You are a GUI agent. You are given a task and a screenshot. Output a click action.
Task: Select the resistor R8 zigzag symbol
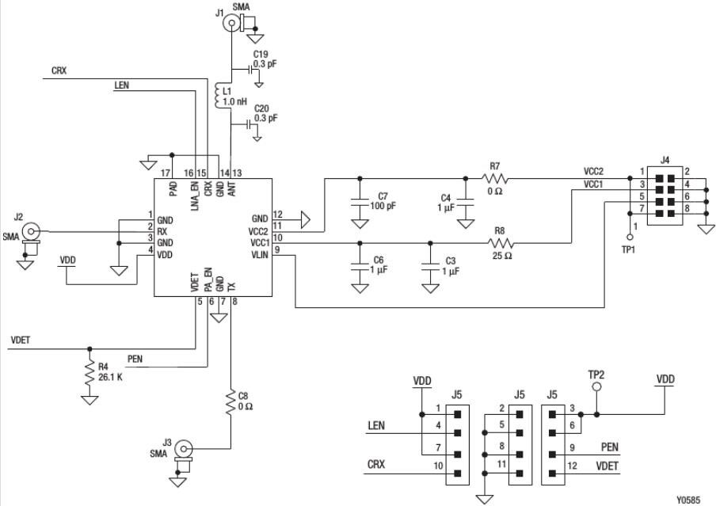[500, 243]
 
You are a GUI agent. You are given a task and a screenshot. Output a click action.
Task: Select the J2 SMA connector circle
[30, 231]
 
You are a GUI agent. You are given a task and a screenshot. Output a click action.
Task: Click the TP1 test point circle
[630, 235]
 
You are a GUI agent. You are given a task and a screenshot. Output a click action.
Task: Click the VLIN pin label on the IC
[260, 254]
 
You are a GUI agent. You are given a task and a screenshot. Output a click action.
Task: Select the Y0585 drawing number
[689, 500]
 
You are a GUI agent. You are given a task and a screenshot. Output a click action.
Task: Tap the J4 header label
[664, 161]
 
